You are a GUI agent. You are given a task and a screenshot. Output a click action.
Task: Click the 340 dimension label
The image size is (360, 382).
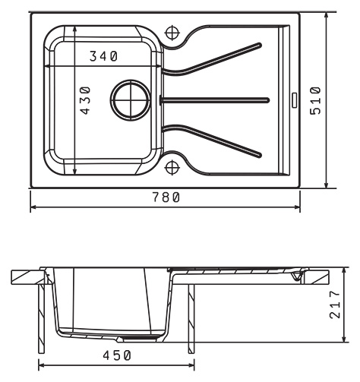pyautogui.click(x=104, y=56)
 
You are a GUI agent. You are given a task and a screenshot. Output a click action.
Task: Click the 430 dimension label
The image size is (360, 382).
pyautogui.click(x=85, y=100)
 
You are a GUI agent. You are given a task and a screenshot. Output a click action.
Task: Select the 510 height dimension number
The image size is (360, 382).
pyautogui.click(x=315, y=100)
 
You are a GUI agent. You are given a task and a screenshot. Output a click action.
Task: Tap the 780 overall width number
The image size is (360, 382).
pyautogui.click(x=166, y=197)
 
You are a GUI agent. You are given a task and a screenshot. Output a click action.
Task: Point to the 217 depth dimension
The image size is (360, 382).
pyautogui.click(x=335, y=304)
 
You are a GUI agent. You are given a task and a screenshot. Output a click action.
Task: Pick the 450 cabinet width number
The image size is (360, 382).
pyautogui.click(x=117, y=355)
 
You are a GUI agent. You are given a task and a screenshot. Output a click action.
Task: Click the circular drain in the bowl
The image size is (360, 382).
pyautogui.click(x=131, y=100)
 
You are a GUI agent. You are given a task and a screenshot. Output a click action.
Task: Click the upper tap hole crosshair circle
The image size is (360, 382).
pyautogui.click(x=172, y=33)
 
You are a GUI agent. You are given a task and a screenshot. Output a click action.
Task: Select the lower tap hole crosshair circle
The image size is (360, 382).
pyautogui.click(x=172, y=168)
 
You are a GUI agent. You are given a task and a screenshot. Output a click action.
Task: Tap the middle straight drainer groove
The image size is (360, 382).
pyautogui.click(x=214, y=100)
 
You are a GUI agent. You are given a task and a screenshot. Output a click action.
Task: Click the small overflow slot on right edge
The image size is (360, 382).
pyautogui.click(x=295, y=100)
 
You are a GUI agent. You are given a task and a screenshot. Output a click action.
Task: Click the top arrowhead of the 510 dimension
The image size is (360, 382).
pyautogui.click(x=327, y=16)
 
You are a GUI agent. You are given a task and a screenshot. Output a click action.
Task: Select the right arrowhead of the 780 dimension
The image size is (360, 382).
pyautogui.click(x=297, y=207)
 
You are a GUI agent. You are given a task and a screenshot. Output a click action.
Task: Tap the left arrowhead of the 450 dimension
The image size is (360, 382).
pyautogui.click(x=42, y=365)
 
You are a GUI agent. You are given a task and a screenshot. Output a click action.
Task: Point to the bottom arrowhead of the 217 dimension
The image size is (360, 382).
pyautogui.click(x=344, y=339)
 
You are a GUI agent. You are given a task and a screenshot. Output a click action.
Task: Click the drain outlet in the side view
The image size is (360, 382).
pyautogui.click(x=141, y=337)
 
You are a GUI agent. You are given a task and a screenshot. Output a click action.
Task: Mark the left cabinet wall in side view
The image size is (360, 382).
pyautogui.click(x=41, y=318)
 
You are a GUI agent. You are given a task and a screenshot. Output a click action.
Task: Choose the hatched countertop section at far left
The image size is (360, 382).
pyautogui.click(x=27, y=277)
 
